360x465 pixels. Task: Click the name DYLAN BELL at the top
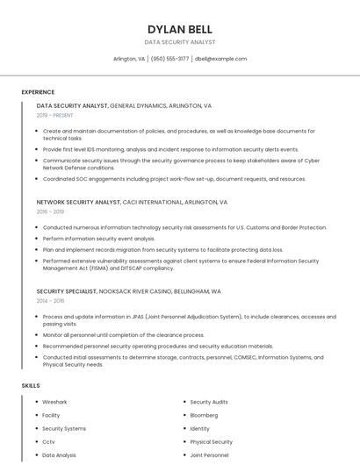pyautogui.click(x=180, y=29)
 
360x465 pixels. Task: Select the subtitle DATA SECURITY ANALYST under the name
pyautogui.click(x=180, y=42)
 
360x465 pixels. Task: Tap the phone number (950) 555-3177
pyautogui.click(x=169, y=59)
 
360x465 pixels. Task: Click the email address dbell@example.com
pyautogui.click(x=220, y=59)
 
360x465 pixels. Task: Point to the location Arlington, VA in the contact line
pyautogui.click(x=129, y=59)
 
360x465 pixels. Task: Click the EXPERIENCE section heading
pyautogui.click(x=38, y=92)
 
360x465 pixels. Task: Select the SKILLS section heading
pyautogui.click(x=31, y=386)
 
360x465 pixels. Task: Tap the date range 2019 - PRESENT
pyautogui.click(x=55, y=115)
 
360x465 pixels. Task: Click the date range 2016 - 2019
pyautogui.click(x=50, y=211)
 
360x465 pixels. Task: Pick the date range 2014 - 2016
pyautogui.click(x=50, y=300)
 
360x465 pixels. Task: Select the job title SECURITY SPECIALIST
pyautogui.click(x=67, y=290)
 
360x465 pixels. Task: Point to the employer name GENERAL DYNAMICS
pyautogui.click(x=138, y=105)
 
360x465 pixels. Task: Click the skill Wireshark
pyautogui.click(x=54, y=402)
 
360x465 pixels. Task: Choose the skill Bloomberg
pyautogui.click(x=204, y=415)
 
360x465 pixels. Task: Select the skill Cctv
pyautogui.click(x=48, y=442)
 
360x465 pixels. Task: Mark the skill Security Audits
pyautogui.click(x=209, y=402)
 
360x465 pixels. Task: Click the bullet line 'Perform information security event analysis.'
pyautogui.click(x=98, y=239)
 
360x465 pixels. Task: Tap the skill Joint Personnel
pyautogui.click(x=209, y=455)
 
